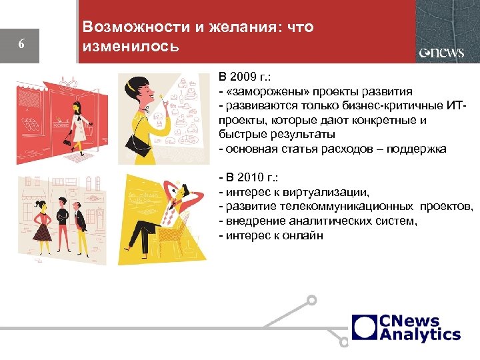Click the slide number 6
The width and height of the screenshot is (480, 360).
21,45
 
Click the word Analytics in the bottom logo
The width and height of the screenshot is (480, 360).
420,335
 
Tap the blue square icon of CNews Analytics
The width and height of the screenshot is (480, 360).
365,327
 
